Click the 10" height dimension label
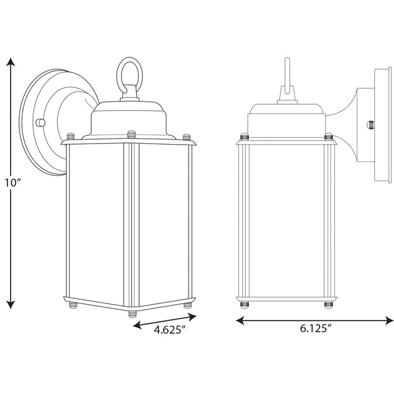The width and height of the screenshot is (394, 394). [12, 183]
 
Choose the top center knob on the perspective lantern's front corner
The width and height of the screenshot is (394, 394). [131, 134]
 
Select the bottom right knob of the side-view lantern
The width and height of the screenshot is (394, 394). [328, 305]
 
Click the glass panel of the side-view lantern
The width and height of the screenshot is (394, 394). [285, 220]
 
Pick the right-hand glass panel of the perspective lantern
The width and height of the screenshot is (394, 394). [163, 225]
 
